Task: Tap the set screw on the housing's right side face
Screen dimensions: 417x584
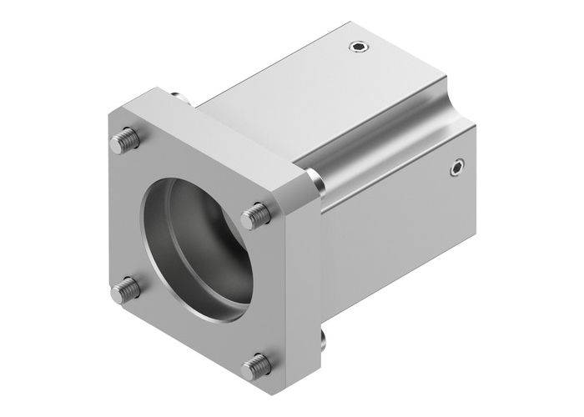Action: point(456,168)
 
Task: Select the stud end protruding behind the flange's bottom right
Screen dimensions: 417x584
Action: point(321,337)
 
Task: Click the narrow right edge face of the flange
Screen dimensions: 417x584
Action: point(305,275)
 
